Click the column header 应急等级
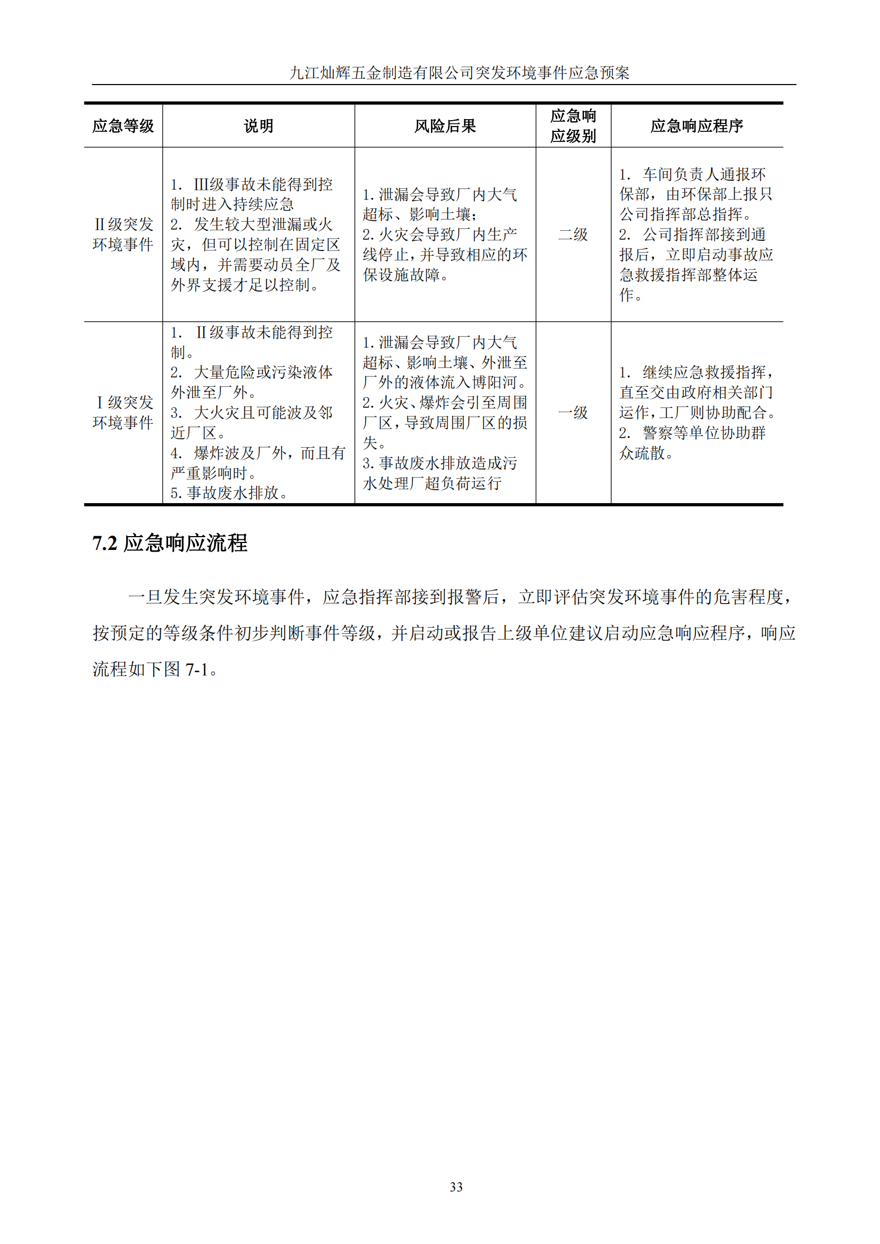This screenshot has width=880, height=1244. coord(123,126)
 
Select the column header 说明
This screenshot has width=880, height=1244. coord(259,126)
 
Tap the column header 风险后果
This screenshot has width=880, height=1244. coord(445,126)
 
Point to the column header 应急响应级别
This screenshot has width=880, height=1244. coord(573,126)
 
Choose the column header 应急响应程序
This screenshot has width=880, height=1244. coord(696,126)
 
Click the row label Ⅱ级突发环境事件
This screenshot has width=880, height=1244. coord(123,235)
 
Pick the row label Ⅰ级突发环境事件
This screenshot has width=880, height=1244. coord(123,413)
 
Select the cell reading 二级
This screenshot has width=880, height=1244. coord(573,235)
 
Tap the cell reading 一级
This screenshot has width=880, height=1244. coord(573,413)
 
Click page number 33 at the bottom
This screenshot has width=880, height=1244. coord(456,1187)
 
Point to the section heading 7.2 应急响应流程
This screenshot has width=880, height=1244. coord(170,543)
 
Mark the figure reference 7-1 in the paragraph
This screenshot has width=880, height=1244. coord(197,670)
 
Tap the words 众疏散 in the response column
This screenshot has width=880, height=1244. coord(642,453)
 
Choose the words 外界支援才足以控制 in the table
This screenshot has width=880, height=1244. coord(240,285)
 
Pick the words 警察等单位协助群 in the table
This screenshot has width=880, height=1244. coord(704,433)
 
